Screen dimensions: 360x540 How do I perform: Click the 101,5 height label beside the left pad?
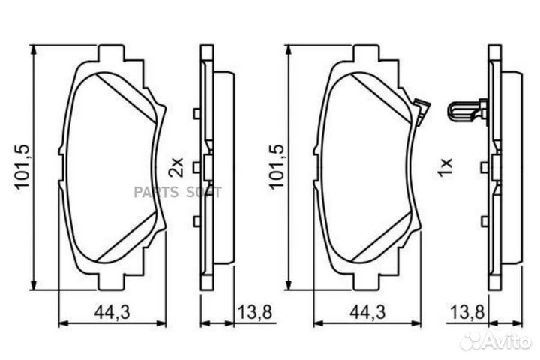point(20,167)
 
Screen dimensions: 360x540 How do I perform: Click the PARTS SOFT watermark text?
point(178,192)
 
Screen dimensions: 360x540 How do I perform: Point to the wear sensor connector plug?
point(466,112)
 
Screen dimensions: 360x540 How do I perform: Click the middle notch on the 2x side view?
point(196,166)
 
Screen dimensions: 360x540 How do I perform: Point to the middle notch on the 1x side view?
point(484,166)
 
